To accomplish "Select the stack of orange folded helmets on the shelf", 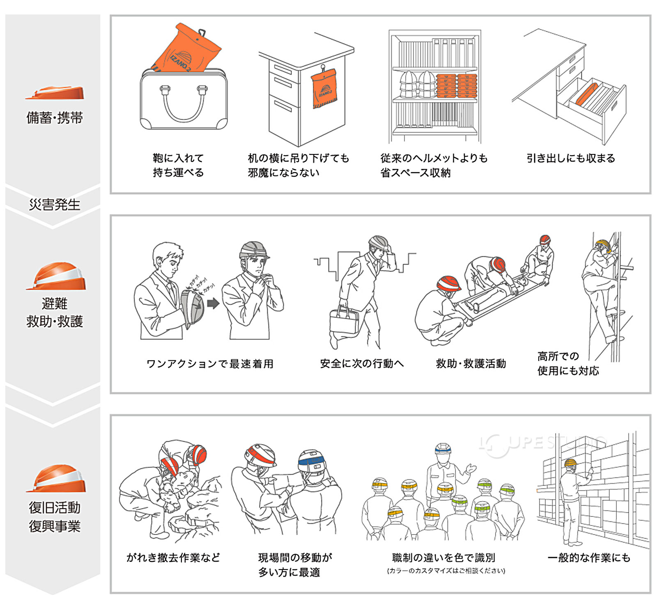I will click(456, 86).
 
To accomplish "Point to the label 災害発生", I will click(54, 204).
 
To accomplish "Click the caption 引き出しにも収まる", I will click(570, 158).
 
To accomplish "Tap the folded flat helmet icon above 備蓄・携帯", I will click(55, 93).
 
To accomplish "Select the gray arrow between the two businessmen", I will click(213, 304).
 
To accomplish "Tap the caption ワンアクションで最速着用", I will click(210, 364).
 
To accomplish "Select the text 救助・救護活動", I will click(471, 364).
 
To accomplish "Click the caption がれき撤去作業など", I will click(173, 558).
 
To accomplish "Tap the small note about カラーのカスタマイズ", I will click(446, 571).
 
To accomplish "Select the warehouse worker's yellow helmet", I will click(570, 463).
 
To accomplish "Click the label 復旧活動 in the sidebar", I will click(54, 508).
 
